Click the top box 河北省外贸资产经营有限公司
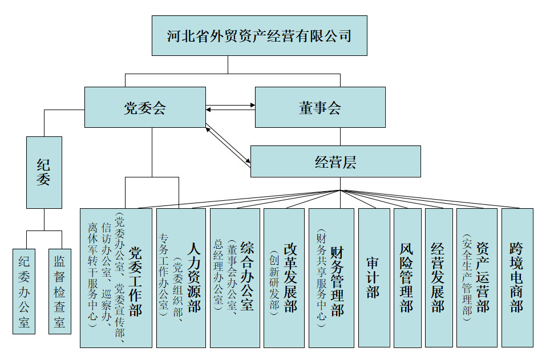click(260, 35)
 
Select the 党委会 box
click(145, 107)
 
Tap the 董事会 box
click(319, 107)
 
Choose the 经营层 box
click(335, 161)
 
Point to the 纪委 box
click(44, 172)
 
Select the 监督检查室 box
click(59, 291)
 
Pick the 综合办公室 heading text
click(248, 276)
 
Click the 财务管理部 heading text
click(337, 280)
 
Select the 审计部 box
click(374, 277)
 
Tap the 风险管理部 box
click(407, 277)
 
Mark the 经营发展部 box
click(438, 277)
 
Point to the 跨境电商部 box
click(517, 277)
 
